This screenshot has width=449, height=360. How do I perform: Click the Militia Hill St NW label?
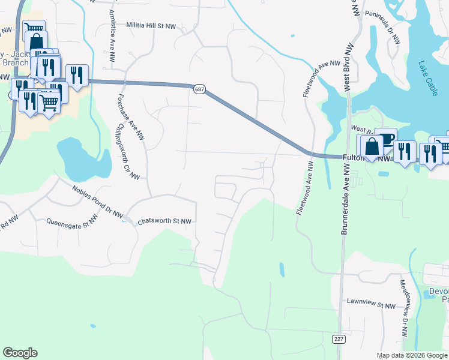pyautogui.click(x=151, y=26)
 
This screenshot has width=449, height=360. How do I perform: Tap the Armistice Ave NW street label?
pyautogui.click(x=112, y=36)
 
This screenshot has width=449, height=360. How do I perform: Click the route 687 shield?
pyautogui.click(x=199, y=89)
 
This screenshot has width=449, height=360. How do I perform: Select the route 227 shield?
pyautogui.click(x=339, y=340)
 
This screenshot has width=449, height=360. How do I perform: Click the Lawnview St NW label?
pyautogui.click(x=371, y=306)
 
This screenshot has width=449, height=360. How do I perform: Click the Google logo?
pyautogui.click(x=20, y=353)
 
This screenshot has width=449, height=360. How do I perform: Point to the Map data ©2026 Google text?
pyautogui.click(x=411, y=355)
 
